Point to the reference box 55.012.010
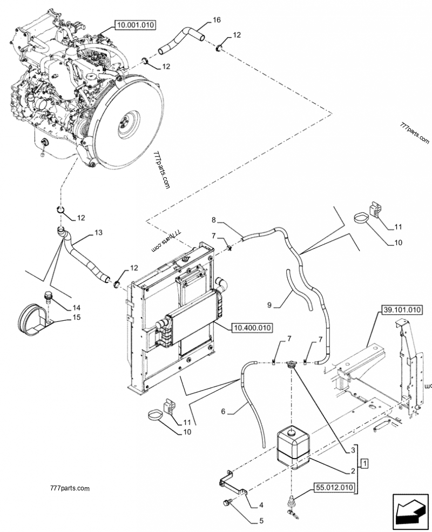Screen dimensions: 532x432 click(333, 488)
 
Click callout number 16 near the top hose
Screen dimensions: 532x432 click(217, 20)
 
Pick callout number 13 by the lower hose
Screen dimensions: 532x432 click(98, 232)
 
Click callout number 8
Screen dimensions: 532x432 click(214, 220)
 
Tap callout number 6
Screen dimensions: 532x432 click(223, 412)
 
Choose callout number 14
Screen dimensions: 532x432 click(77, 308)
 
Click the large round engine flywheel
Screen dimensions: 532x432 click(128, 121)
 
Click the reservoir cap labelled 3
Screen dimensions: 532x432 click(293, 366)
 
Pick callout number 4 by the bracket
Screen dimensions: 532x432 click(261, 505)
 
